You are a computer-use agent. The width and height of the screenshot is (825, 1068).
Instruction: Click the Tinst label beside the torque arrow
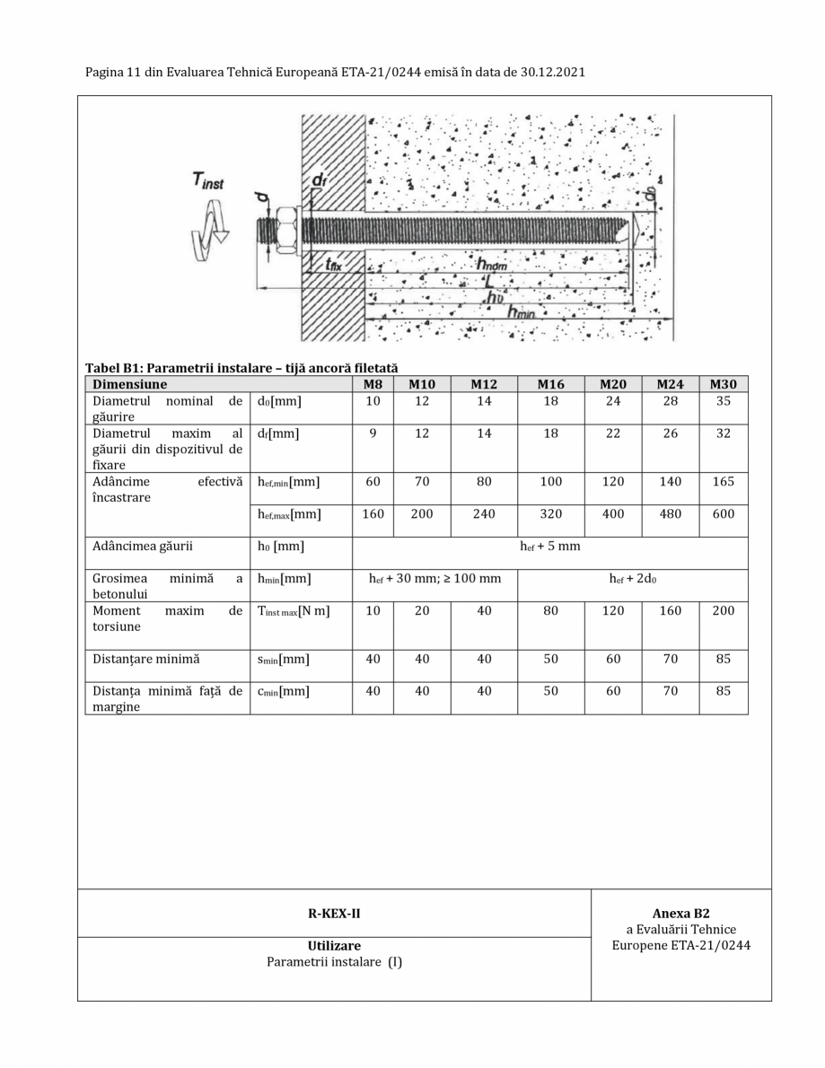pos(208,180)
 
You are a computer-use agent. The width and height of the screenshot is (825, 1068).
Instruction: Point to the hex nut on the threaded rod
pos(286,230)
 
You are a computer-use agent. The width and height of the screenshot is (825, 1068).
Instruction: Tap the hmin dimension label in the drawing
pos(523,311)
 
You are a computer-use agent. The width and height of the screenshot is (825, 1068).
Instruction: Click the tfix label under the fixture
pos(333,265)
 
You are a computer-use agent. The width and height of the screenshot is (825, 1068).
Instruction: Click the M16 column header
pos(550,384)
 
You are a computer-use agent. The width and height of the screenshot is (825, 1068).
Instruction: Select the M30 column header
pos(723,384)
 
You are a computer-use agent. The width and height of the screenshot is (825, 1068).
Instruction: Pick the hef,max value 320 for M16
pos(550,514)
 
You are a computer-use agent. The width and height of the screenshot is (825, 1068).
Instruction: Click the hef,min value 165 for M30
pos(723,482)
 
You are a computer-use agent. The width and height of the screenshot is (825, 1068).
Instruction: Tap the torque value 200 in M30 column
pos(723,611)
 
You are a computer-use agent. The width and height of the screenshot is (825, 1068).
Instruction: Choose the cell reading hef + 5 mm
pos(550,547)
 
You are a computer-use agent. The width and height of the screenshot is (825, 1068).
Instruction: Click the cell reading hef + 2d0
pos(632,579)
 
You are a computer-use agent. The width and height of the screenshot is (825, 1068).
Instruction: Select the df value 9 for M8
pos(373,433)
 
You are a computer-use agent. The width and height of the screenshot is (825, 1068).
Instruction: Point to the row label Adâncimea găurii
pos(143,547)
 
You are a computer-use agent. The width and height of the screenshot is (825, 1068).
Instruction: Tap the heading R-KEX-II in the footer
pos(334,914)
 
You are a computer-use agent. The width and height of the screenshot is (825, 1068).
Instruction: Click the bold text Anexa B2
pos(680,913)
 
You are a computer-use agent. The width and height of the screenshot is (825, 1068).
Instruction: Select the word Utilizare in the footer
pos(334,945)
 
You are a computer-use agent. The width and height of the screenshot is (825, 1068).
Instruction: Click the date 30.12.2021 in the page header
pos(553,72)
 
